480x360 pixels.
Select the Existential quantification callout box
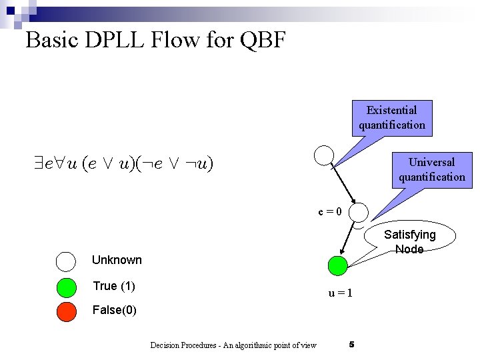coord(392,117)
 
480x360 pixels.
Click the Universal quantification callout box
coord(432,169)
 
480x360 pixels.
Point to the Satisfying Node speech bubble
coord(409,241)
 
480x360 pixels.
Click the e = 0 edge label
coord(330,212)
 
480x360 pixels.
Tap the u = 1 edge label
coord(340,293)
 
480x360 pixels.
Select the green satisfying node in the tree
coord(338,265)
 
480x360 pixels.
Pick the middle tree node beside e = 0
coord(359,212)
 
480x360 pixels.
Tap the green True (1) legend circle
coord(67,287)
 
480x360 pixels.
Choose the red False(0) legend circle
coord(67,311)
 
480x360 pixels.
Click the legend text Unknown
coord(117,260)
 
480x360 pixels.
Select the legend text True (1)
coord(114,286)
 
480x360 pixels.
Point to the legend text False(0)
coord(115,310)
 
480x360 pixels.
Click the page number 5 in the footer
coord(351,344)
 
